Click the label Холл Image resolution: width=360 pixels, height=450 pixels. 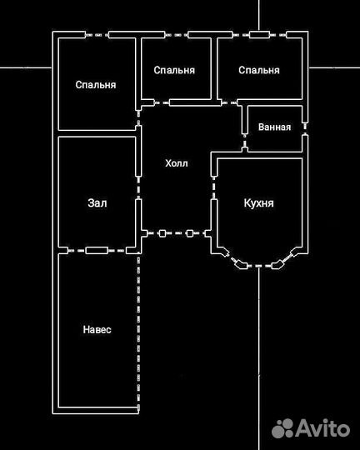[177, 163]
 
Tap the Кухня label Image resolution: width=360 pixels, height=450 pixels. [258, 203]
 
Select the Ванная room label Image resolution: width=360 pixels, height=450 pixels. [274, 127]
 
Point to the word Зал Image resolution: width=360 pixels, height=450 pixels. [97, 202]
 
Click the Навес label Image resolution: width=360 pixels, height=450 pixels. [97, 329]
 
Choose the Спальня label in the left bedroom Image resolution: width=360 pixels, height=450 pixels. [96, 85]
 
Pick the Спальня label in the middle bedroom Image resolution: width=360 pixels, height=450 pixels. [174, 70]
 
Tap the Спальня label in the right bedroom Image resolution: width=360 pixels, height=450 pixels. [259, 70]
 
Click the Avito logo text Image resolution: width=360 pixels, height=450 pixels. [322, 428]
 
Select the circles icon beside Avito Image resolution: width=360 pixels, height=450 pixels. [282, 428]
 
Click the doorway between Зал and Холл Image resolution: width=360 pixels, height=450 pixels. [138, 188]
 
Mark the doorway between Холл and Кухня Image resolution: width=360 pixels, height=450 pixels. [214, 188]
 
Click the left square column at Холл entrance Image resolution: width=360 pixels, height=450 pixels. [162, 233]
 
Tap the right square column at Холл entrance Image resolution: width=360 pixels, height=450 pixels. [189, 233]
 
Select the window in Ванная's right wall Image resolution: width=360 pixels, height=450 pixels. [305, 128]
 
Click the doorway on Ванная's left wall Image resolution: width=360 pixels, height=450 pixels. [245, 141]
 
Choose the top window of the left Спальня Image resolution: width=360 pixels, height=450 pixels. [97, 35]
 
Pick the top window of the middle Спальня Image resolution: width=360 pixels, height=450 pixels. [177, 35]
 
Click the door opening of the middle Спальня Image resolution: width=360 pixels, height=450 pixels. [162, 102]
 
